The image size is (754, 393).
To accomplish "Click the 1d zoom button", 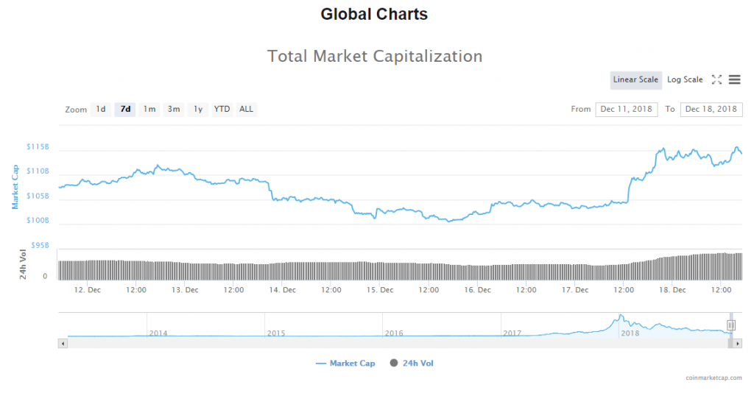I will tap(100, 109).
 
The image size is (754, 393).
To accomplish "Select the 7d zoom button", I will tap(125, 109).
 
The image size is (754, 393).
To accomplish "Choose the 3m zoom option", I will tap(174, 109).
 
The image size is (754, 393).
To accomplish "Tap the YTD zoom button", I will tap(222, 109).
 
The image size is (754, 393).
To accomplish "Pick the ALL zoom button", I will tap(246, 109).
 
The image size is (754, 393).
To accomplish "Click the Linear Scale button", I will tap(635, 79).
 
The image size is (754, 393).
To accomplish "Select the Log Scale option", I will tap(685, 79).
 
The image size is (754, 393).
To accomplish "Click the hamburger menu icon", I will tap(734, 79).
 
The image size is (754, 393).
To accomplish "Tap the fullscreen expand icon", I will tap(716, 79).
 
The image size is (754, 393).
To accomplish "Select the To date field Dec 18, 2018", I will tap(711, 109).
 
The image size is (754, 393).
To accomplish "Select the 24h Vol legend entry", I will tap(417, 363).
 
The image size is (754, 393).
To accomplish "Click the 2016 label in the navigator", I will tap(395, 333).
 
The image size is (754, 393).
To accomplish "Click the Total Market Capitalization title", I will tap(375, 56).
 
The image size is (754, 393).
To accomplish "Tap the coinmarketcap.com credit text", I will tap(712, 378).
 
